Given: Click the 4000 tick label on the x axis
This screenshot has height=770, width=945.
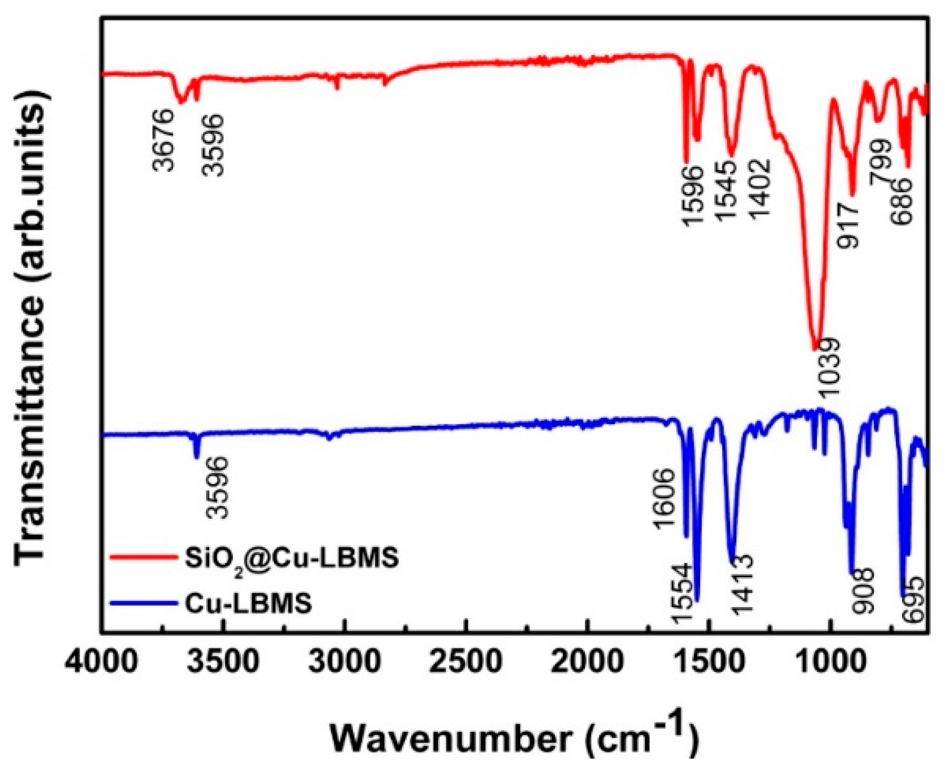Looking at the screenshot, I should tap(102, 662).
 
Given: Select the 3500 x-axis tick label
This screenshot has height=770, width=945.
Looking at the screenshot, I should tap(223, 662).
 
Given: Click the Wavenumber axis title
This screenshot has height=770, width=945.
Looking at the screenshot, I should tap(514, 738).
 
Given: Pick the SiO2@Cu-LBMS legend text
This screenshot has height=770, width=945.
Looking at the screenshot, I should tap(291, 558).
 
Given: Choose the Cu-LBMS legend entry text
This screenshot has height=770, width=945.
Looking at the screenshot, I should tap(248, 603).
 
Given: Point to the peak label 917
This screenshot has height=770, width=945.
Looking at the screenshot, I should tap(848, 225).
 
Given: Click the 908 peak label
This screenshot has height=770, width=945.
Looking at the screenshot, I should tap(862, 591).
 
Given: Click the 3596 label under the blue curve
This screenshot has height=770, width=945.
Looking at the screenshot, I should tap(216, 487).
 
